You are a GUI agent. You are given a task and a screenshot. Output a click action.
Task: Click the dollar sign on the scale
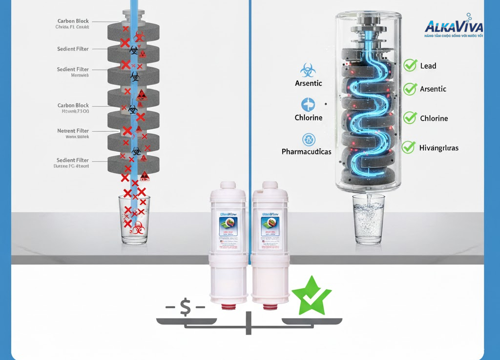186,307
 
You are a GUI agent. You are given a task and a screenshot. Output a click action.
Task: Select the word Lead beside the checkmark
428,66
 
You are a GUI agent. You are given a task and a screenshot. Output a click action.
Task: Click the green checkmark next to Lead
410,65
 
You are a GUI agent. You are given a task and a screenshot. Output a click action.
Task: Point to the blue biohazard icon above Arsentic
308,70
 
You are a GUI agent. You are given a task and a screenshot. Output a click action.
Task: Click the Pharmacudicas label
306,152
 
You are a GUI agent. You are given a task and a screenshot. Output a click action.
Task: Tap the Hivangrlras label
438,148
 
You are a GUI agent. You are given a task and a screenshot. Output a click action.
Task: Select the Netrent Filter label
73,131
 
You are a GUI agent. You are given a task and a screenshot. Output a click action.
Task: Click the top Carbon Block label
73,21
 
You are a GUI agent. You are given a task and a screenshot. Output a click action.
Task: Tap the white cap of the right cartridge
270,188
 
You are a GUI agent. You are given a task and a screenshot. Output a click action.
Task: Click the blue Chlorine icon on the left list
308,104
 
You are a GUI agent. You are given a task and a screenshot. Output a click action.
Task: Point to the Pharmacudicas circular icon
309,140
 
